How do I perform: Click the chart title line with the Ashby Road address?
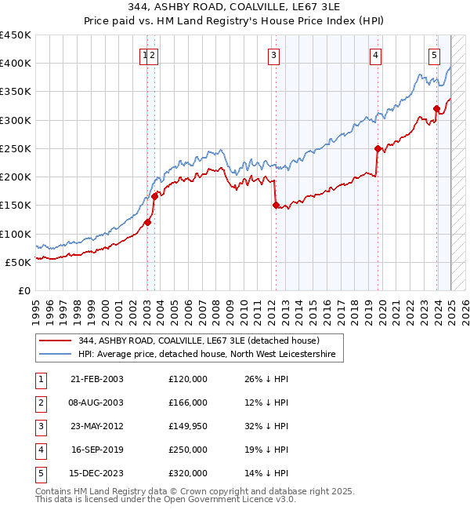(235, 7)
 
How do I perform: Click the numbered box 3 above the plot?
(273, 55)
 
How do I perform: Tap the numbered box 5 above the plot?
(434, 55)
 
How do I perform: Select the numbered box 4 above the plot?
(376, 55)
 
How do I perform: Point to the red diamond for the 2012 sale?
(276, 206)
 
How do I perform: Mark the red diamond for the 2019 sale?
(378, 148)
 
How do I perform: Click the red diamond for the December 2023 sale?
(437, 108)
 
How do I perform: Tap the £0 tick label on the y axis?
(23, 291)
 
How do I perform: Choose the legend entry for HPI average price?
(206, 355)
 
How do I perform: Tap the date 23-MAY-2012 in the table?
(97, 427)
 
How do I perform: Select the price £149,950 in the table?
(188, 427)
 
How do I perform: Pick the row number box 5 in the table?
(38, 474)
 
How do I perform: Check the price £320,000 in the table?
(188, 474)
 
